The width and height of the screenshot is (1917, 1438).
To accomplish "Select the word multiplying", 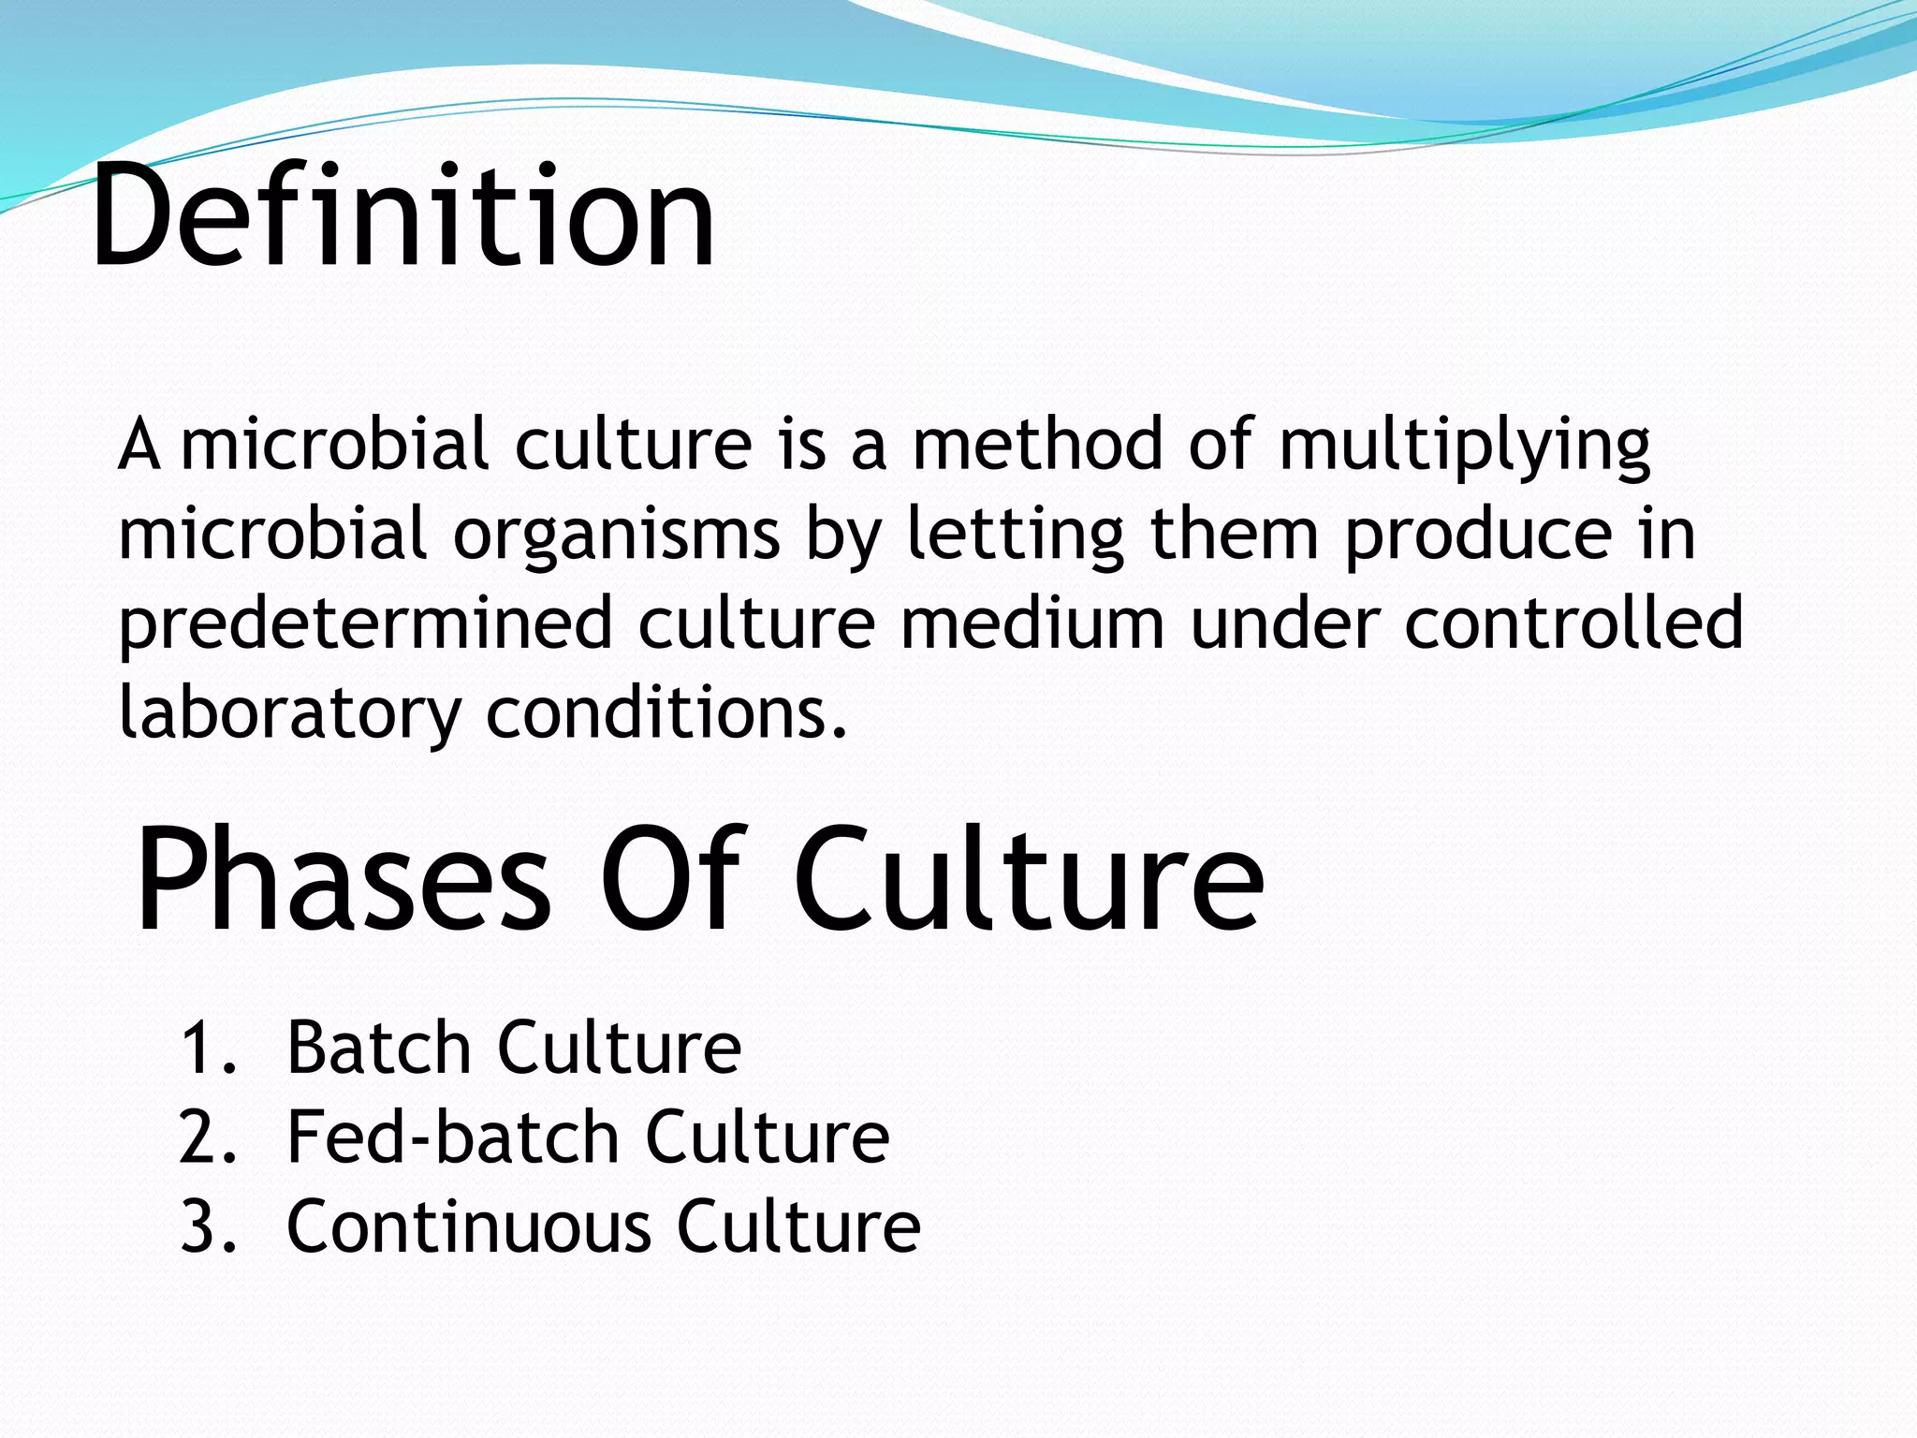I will (1464, 445).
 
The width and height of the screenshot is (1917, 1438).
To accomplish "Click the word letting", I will (1015, 535).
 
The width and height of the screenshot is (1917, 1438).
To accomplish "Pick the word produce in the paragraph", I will (1478, 535).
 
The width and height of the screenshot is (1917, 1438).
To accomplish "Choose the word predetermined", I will (364, 624).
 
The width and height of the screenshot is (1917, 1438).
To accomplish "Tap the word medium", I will (1032, 624).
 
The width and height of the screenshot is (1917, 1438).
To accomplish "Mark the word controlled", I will (1573, 624).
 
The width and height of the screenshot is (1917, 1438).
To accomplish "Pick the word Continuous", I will (467, 1226).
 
